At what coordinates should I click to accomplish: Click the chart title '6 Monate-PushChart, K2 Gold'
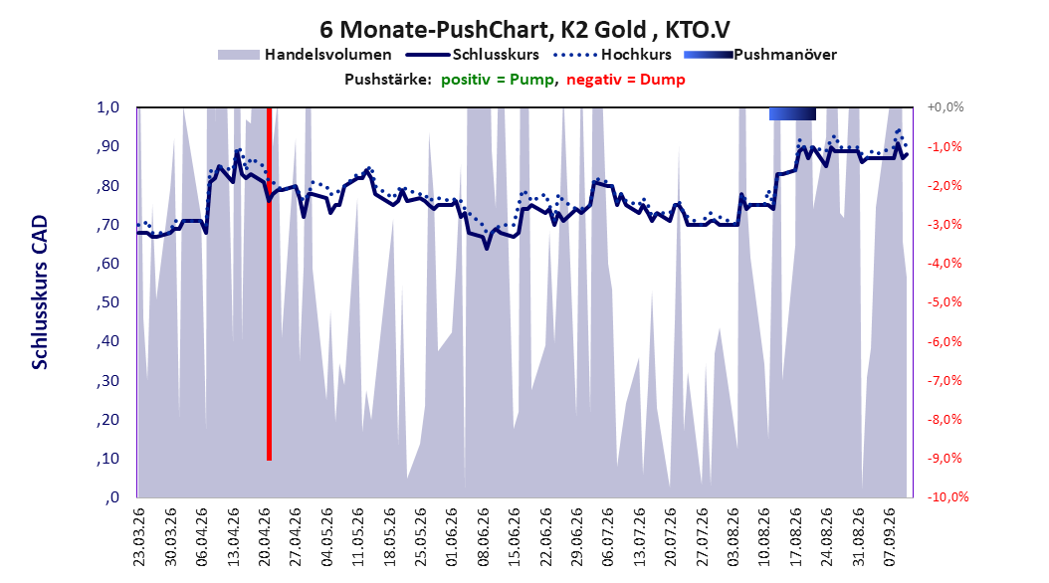[483, 30]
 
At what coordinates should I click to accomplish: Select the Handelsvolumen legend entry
[306, 55]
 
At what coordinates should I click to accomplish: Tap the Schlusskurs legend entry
[473, 55]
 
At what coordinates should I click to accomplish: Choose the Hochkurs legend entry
[613, 55]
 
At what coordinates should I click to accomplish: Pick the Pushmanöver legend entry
[760, 55]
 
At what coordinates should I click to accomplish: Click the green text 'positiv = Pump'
[497, 80]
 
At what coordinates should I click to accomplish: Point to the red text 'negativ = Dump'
[626, 80]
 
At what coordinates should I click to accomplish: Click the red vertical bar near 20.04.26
[269, 284]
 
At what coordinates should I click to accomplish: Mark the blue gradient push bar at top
[793, 113]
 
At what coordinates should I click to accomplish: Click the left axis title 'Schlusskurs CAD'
[40, 292]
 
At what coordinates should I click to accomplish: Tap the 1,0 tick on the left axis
[107, 107]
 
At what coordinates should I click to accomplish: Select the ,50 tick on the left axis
[107, 302]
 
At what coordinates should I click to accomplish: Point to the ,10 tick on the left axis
[107, 459]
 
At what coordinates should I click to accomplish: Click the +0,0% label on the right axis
[945, 107]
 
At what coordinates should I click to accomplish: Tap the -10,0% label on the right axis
[947, 496]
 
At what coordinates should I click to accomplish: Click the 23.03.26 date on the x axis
[139, 537]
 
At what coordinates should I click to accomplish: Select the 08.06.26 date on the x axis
[483, 537]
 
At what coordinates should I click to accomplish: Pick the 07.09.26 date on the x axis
[889, 537]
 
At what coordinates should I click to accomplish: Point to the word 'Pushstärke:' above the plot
[388, 80]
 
